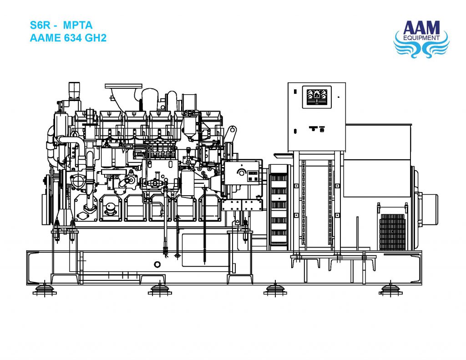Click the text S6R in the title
click(x=39, y=26)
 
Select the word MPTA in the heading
click(x=79, y=26)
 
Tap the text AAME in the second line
click(x=45, y=38)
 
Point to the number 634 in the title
click(x=75, y=38)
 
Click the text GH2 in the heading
click(x=96, y=38)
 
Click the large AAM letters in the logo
click(x=420, y=27)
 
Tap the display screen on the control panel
click(x=317, y=96)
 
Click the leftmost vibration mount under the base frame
click(x=45, y=289)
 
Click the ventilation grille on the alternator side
click(x=392, y=232)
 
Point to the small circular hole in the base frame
click(x=157, y=264)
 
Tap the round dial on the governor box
click(x=242, y=173)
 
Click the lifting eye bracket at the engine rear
click(x=231, y=134)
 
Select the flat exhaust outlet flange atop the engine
click(x=123, y=86)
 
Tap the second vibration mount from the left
click(x=160, y=289)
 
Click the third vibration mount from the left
click(x=275, y=289)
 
